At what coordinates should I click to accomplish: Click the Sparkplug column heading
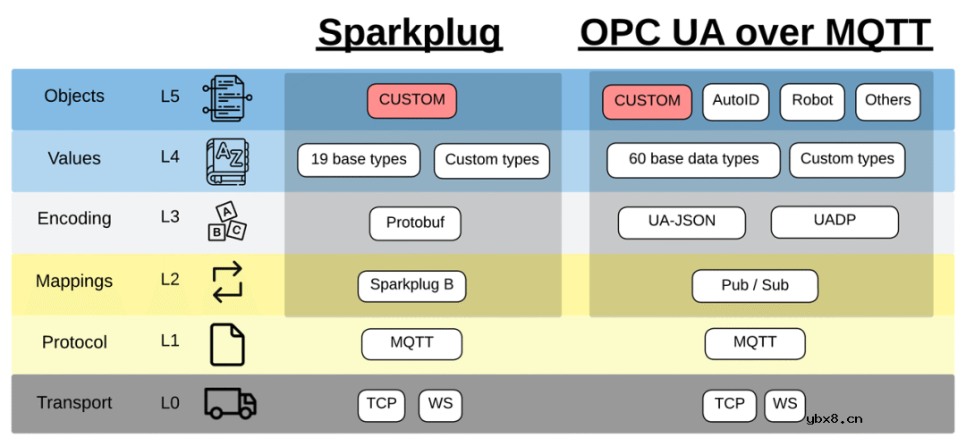pos(410,33)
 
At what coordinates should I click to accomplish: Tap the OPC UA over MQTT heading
pos(756,33)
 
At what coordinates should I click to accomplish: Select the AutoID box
pos(735,101)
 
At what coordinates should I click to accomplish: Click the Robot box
pos(812,101)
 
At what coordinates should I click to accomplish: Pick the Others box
pos(887,101)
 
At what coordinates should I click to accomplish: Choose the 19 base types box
pos(359,160)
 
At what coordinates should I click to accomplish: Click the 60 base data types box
pos(693,160)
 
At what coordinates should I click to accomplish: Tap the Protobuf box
pos(415,223)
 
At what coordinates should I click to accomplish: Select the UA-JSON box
pos(682,222)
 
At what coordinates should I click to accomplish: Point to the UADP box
pos(835,221)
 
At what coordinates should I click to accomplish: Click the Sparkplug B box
pos(411,286)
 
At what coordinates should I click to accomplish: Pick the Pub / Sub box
pos(755,286)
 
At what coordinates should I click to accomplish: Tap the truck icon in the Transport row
pos(230,403)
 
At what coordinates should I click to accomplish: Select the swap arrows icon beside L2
pos(227,282)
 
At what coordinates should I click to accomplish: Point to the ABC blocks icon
pos(227,221)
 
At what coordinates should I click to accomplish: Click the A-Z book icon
pos(227,161)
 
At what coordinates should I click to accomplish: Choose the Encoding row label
pos(74,219)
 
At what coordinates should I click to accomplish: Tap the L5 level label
pos(170,97)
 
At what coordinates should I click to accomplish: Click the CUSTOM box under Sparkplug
pos(411,101)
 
